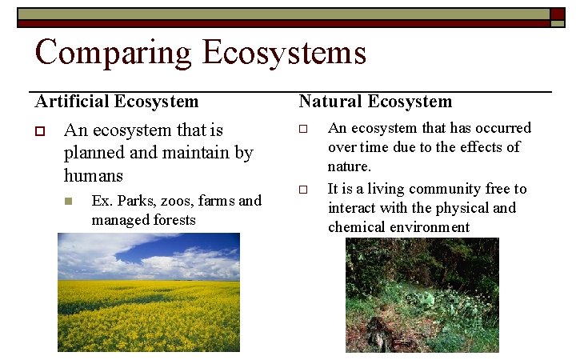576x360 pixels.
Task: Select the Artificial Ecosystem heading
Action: [117, 102]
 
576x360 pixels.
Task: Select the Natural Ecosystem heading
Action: [375, 102]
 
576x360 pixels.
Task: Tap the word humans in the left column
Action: [94, 174]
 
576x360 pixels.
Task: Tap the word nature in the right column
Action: [348, 166]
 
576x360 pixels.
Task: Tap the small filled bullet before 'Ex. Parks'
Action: [70, 201]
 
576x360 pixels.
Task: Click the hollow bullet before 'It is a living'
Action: [303, 190]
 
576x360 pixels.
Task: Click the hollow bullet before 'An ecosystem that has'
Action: [303, 129]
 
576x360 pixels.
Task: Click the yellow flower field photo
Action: [148, 292]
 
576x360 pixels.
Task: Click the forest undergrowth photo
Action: [422, 295]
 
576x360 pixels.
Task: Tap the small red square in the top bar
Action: [557, 14]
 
